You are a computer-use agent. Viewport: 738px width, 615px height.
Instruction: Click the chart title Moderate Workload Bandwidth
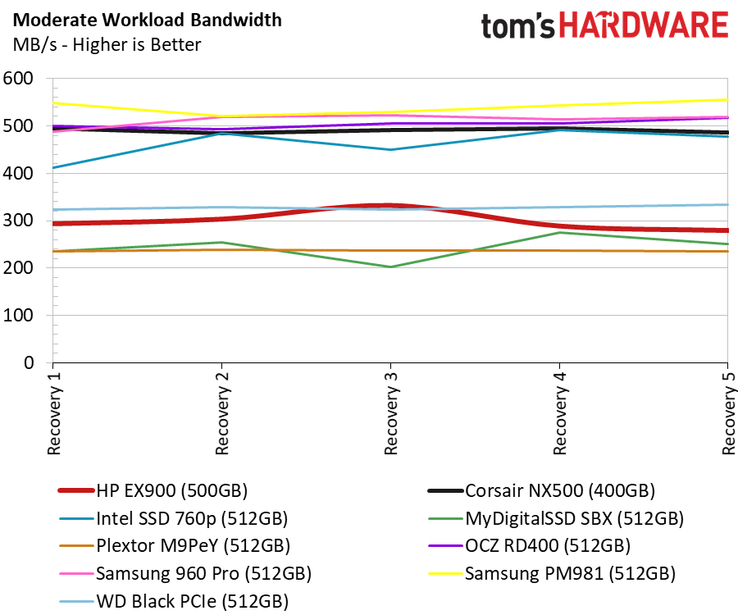point(148,20)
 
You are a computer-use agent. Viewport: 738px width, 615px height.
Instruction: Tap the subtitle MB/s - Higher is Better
point(107,45)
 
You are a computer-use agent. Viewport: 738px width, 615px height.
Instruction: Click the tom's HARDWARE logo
point(604,25)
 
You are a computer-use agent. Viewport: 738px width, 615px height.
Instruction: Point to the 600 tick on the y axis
point(18,79)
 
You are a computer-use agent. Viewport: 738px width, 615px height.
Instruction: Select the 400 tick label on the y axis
point(18,173)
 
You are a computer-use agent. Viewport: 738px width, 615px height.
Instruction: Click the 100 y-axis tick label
point(18,315)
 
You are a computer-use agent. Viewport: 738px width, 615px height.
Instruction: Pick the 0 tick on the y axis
point(29,362)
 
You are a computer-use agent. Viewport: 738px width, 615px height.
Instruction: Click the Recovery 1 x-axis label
point(54,413)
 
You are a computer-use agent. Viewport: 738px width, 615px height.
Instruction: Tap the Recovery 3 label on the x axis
point(390,413)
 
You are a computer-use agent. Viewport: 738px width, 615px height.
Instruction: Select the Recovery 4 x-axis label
point(559,413)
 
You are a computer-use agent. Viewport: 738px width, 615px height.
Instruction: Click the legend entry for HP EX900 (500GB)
point(153,491)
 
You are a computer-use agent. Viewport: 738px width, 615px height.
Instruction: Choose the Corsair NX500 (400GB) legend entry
point(541,491)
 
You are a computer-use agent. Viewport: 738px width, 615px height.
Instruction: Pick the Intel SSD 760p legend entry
point(174,518)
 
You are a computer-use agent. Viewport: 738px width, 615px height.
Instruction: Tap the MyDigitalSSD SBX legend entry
point(556,518)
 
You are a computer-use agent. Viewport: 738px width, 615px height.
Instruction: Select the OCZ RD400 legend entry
point(529,546)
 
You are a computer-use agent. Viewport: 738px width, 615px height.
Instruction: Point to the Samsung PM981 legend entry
point(552,574)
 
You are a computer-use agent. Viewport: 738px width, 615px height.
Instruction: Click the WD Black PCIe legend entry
point(174,601)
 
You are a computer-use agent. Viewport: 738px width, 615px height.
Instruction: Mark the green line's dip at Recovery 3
point(390,266)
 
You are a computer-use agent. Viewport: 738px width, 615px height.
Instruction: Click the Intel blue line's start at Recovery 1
point(53,167)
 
